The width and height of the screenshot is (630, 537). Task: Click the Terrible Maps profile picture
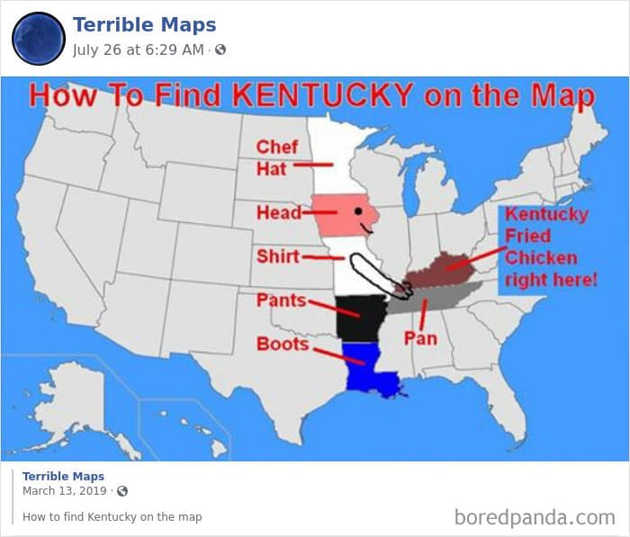tap(38, 38)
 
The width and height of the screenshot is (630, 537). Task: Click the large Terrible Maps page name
tap(144, 24)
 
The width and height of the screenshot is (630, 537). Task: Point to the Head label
tap(278, 213)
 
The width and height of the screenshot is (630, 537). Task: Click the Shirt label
tap(277, 256)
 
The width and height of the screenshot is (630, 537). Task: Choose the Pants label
tap(281, 300)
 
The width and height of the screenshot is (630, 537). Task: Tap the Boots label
tap(283, 344)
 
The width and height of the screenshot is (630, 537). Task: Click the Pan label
tap(419, 338)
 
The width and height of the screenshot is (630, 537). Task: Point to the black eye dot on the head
tap(357, 211)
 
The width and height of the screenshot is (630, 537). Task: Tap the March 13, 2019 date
tap(66, 491)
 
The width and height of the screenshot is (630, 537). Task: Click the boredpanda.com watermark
tap(535, 516)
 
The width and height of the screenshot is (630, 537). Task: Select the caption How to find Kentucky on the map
tap(112, 516)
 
